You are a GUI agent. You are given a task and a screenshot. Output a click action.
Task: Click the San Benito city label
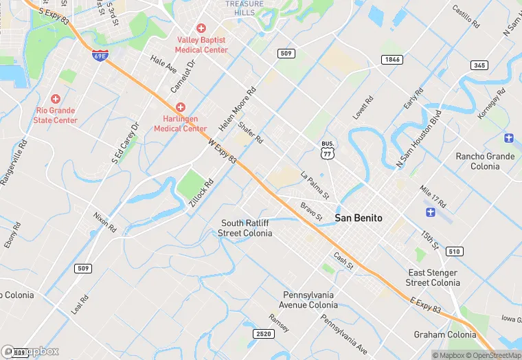point(359,218)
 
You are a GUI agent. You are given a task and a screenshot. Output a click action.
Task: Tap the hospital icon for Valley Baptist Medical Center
point(201,28)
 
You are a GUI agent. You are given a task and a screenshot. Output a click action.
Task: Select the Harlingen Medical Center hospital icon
point(181,107)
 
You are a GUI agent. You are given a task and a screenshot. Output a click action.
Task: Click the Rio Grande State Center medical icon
point(56,99)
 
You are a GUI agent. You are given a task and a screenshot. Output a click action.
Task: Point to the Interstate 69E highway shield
point(101,56)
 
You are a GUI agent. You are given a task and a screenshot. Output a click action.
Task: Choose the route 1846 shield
point(391,60)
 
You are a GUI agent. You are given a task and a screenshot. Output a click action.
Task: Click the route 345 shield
point(479,65)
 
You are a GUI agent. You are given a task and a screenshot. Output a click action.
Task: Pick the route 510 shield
point(454,251)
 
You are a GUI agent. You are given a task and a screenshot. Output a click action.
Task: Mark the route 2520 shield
point(262,334)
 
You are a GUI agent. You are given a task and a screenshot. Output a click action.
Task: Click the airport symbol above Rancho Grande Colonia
point(508,138)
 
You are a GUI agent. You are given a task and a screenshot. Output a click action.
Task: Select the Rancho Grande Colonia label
point(485,161)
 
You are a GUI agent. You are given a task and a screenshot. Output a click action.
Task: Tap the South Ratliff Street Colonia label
point(246,228)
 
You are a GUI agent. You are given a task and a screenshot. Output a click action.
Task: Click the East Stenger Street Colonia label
point(433,278)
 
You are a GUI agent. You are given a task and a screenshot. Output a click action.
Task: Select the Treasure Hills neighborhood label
point(245,8)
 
